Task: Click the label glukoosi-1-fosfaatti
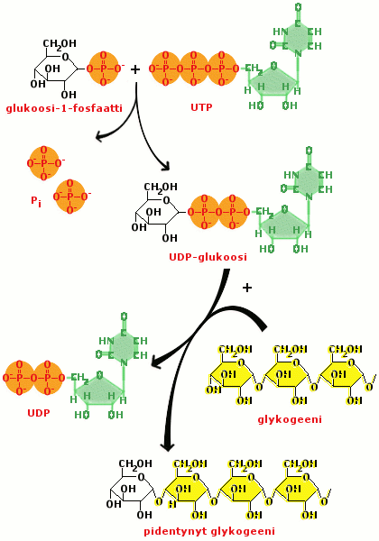point(64,108)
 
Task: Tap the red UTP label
point(201,107)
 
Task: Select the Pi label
point(36,201)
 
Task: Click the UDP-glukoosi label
point(208,257)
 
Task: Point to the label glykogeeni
point(290,419)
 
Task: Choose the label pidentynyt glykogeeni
point(209,531)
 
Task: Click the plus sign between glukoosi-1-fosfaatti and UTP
point(135,69)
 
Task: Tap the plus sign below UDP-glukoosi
point(247,288)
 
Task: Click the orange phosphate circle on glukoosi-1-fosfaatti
point(105,69)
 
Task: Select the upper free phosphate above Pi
point(43,162)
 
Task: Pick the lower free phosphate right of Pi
point(70,196)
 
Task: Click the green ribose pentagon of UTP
point(273,84)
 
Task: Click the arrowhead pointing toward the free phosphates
point(100,136)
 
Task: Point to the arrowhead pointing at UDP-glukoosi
point(165,166)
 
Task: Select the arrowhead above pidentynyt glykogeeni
point(169,446)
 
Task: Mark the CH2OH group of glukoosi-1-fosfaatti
point(60,43)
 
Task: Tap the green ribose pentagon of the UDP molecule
point(99,392)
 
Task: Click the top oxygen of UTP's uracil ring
point(298,6)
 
